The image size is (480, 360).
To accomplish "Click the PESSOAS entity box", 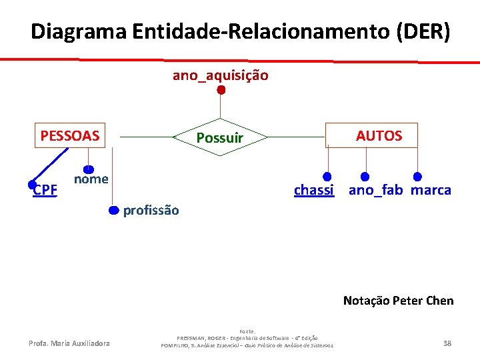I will tap(69, 136).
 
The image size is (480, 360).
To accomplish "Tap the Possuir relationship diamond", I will tap(219, 138).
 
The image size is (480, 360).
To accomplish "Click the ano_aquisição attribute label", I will tap(221, 75).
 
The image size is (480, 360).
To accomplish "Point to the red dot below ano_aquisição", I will tap(221, 90).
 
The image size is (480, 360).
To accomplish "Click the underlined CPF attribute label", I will tap(45, 190).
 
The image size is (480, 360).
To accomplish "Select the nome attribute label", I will tap(91, 179).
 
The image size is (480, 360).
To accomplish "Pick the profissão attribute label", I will tap(151, 210).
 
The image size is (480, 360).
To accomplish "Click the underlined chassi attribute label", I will tap(313, 190).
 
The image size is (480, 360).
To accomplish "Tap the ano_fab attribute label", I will tap(375, 190).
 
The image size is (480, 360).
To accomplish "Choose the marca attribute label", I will tap(431, 190).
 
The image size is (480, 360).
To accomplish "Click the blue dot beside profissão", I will tap(114, 211).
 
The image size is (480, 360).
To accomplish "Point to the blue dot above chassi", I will tap(327, 177).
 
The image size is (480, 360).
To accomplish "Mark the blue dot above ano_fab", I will tap(365, 177).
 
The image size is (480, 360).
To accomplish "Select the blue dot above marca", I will tap(417, 177).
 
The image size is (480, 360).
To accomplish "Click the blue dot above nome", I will tap(88, 170).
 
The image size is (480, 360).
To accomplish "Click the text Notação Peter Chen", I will tap(398, 301).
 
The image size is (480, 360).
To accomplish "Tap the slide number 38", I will tap(447, 343).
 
